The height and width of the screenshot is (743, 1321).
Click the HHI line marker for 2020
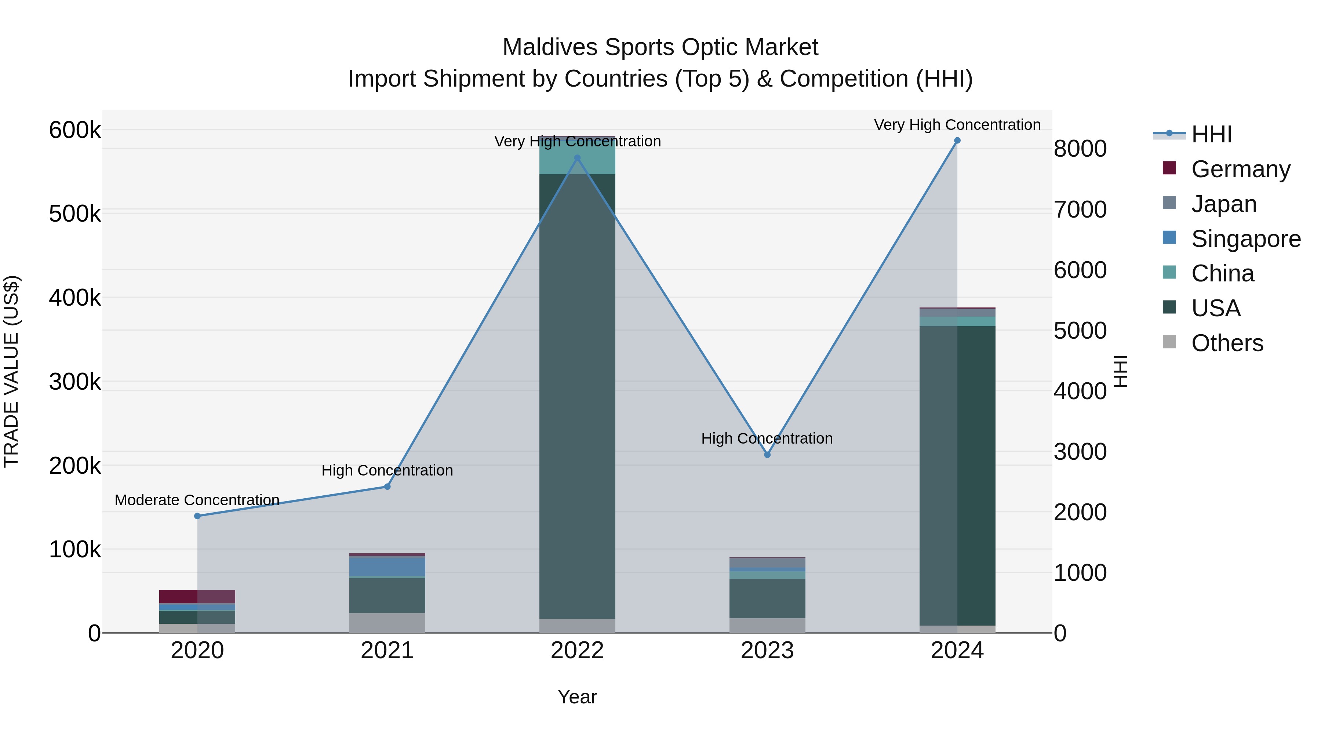click(x=197, y=516)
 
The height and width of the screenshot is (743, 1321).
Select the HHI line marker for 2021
click(x=387, y=487)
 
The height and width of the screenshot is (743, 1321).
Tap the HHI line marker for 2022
click(x=578, y=158)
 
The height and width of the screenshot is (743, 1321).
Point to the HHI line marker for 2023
click(x=767, y=455)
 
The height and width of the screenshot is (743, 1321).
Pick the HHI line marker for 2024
click(x=957, y=141)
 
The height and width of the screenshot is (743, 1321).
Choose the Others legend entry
click(x=1227, y=343)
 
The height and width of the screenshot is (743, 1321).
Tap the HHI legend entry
click(x=1211, y=134)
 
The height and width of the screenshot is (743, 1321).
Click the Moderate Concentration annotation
click(x=197, y=500)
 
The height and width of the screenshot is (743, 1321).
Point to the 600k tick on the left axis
click(x=75, y=130)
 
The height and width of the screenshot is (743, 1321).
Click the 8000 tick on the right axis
click(x=1080, y=149)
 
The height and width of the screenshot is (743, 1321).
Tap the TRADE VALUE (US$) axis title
click(x=12, y=371)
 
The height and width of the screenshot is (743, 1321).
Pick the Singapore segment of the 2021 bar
click(x=387, y=566)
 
